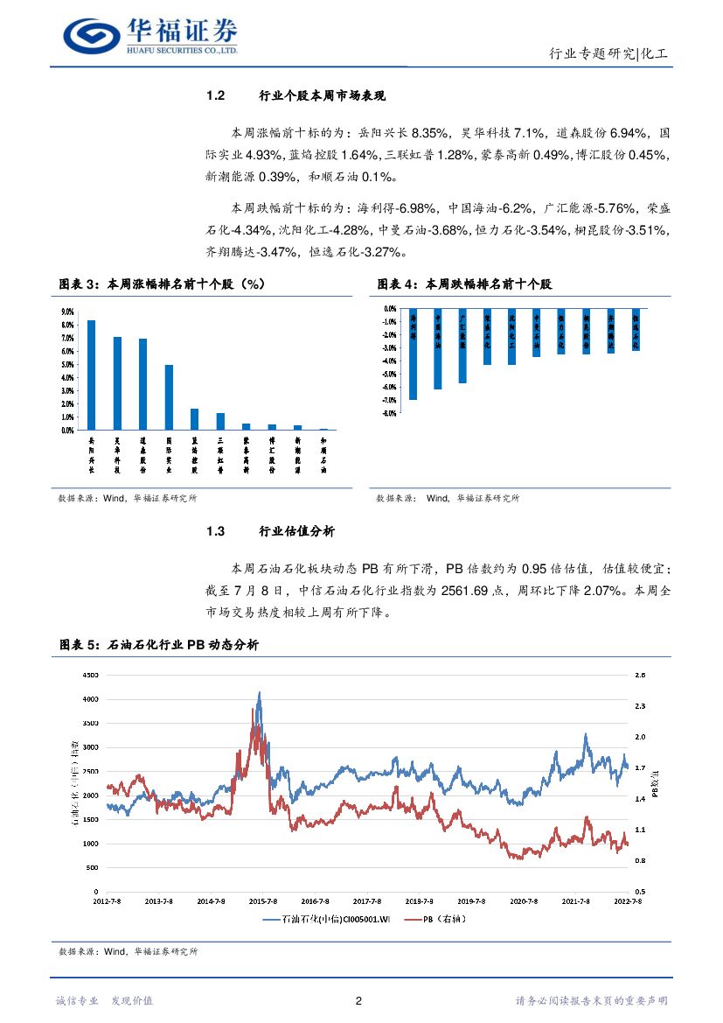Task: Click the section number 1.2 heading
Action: click(216, 95)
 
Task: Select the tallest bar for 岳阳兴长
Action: click(91, 375)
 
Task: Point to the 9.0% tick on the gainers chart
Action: click(66, 312)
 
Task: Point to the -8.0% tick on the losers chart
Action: click(390, 413)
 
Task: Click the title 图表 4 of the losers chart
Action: click(398, 284)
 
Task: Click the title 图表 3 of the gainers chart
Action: click(79, 284)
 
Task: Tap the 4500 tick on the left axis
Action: click(92, 676)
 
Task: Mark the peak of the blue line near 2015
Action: click(259, 693)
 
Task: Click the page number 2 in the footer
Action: click(359, 1001)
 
